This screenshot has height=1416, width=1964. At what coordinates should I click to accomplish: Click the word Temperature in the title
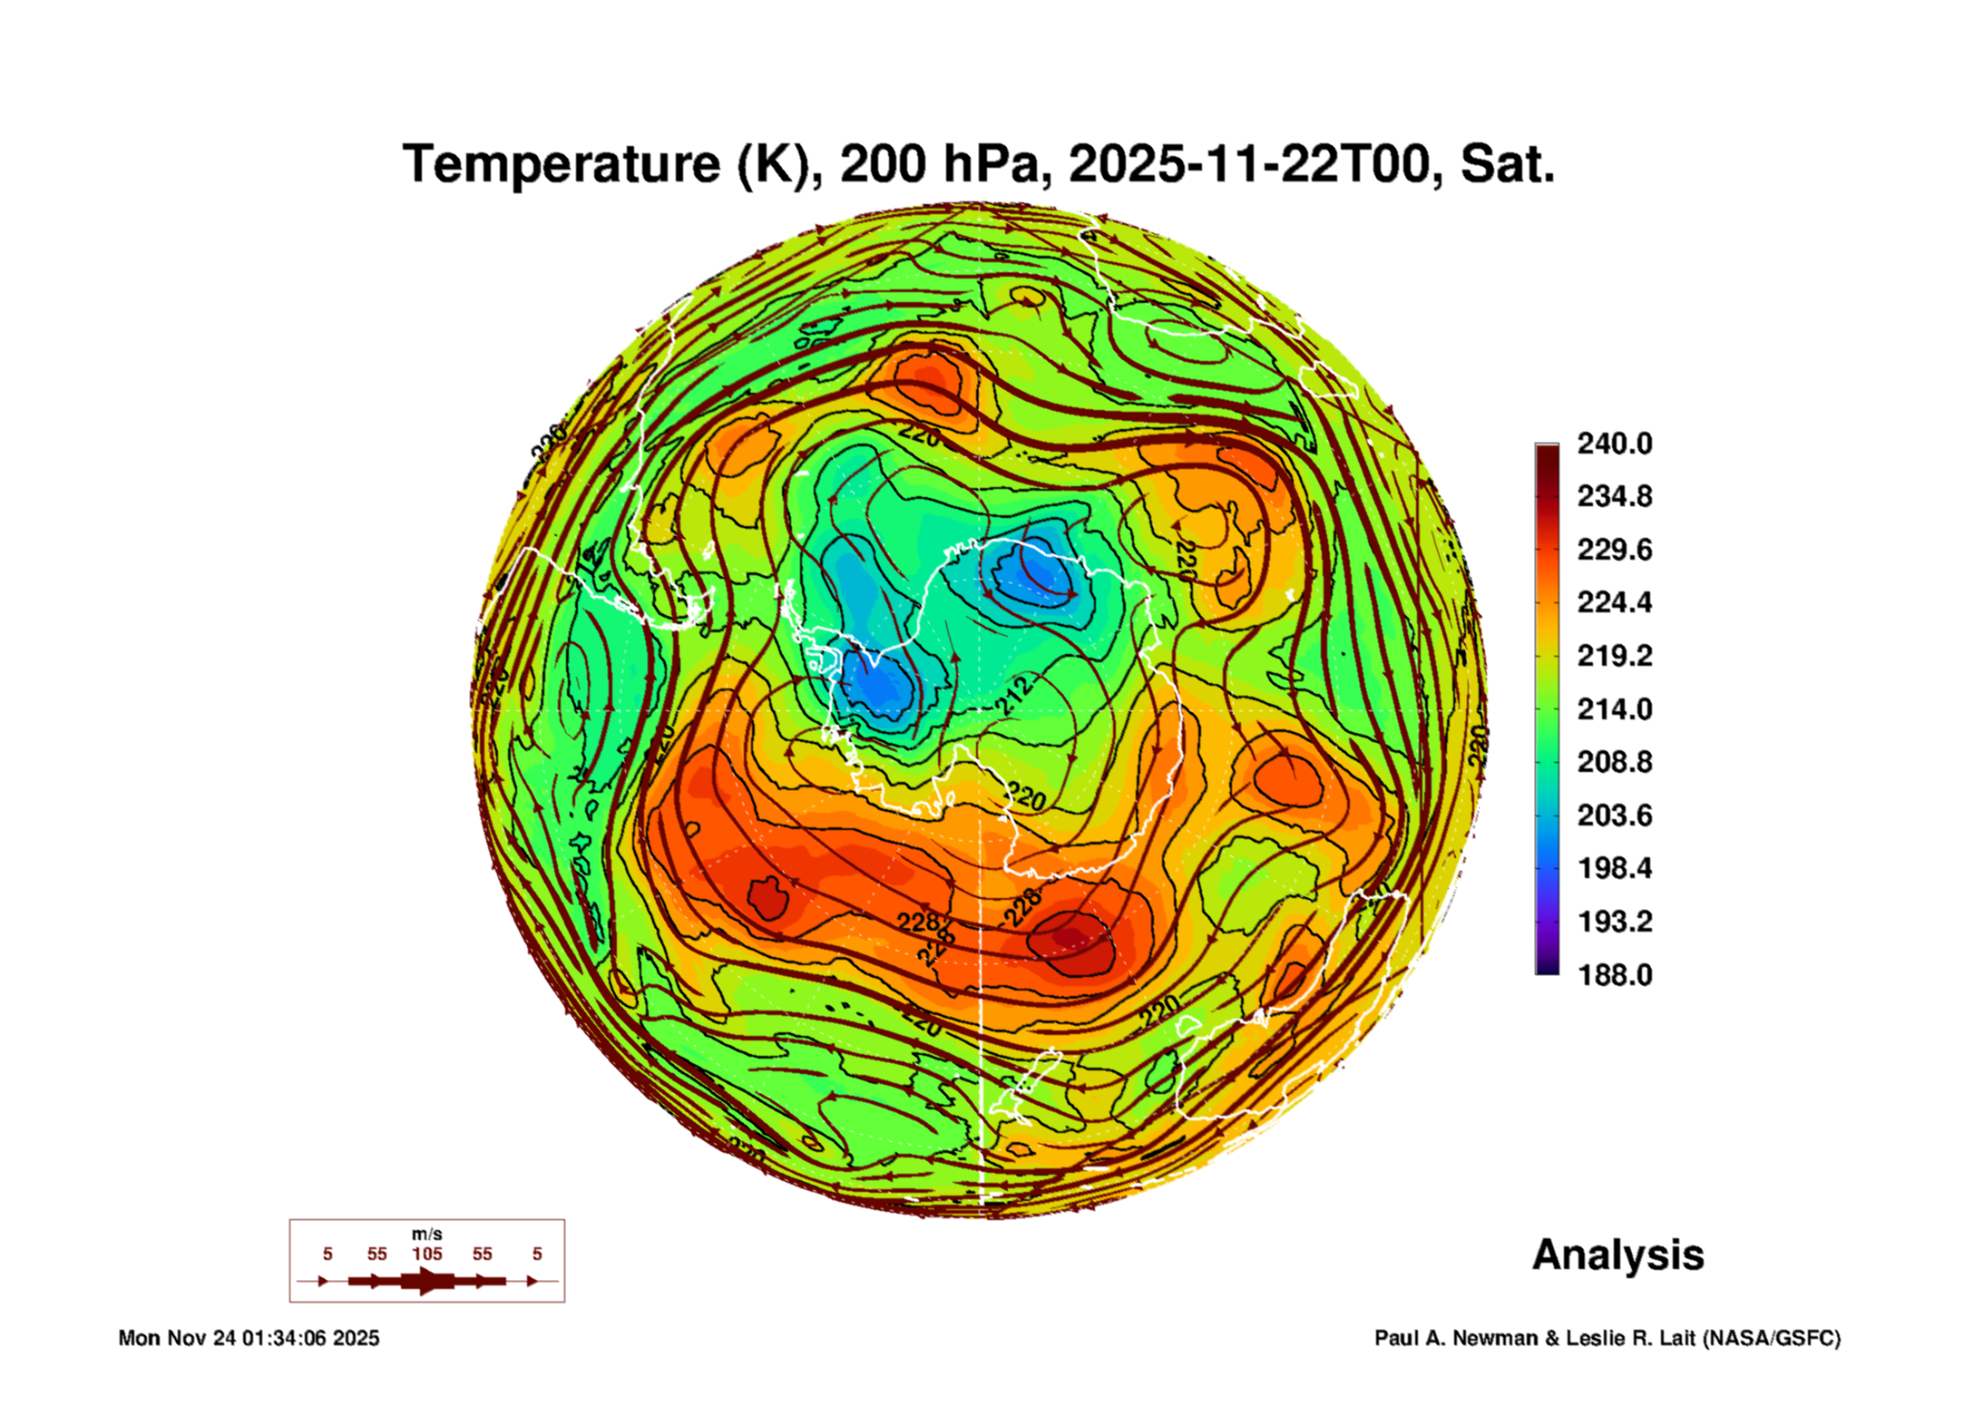(x=561, y=164)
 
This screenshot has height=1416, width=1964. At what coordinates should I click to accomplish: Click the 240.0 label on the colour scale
(x=1614, y=444)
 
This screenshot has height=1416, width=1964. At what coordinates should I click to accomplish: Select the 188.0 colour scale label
(x=1614, y=975)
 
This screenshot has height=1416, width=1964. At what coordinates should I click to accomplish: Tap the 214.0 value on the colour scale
(x=1614, y=708)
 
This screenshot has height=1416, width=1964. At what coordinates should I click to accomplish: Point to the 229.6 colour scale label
(x=1614, y=550)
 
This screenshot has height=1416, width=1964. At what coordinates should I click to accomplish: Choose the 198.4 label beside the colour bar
(x=1614, y=868)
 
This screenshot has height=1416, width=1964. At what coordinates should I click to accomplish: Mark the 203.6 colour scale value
(x=1614, y=815)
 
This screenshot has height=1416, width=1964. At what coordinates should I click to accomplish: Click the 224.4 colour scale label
(x=1614, y=602)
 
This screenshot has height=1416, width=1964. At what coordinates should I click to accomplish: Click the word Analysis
(x=1617, y=1255)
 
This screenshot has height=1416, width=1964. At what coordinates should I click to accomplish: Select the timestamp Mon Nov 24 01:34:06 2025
(x=249, y=1338)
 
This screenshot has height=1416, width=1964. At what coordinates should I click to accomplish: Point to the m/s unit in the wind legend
(x=426, y=1234)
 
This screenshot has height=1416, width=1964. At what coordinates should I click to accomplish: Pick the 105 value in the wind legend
(x=426, y=1254)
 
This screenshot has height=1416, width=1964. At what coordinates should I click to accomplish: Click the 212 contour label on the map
(x=1013, y=695)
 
